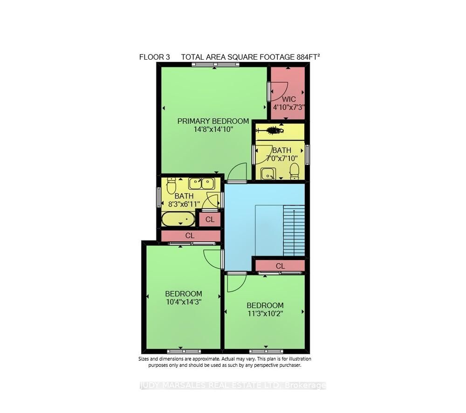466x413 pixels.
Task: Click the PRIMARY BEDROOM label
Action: pyautogui.click(x=213, y=121)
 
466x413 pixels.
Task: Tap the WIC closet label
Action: pyautogui.click(x=288, y=99)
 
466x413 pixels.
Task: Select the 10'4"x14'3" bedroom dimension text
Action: pyautogui.click(x=184, y=302)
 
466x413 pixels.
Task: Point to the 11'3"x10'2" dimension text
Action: pyautogui.click(x=265, y=313)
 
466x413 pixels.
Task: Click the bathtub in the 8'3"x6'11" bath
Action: pyautogui.click(x=178, y=219)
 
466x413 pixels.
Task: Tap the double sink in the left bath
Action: pyautogui.click(x=201, y=183)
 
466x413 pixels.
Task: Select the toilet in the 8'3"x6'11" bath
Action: pyautogui.click(x=171, y=186)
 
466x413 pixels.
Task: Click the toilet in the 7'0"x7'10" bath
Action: pyautogui.click(x=294, y=171)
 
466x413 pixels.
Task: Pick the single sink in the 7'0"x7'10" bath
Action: pyautogui.click(x=268, y=173)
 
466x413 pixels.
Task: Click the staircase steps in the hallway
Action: pyautogui.click(x=294, y=230)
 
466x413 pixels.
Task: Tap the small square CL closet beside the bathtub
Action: pyautogui.click(x=210, y=219)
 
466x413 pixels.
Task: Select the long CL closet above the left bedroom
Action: pyautogui.click(x=190, y=236)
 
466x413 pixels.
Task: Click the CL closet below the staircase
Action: pyautogui.click(x=280, y=266)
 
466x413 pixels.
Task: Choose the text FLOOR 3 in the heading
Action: pyautogui.click(x=155, y=57)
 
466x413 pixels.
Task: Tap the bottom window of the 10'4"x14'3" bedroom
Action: pyautogui.click(x=184, y=351)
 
